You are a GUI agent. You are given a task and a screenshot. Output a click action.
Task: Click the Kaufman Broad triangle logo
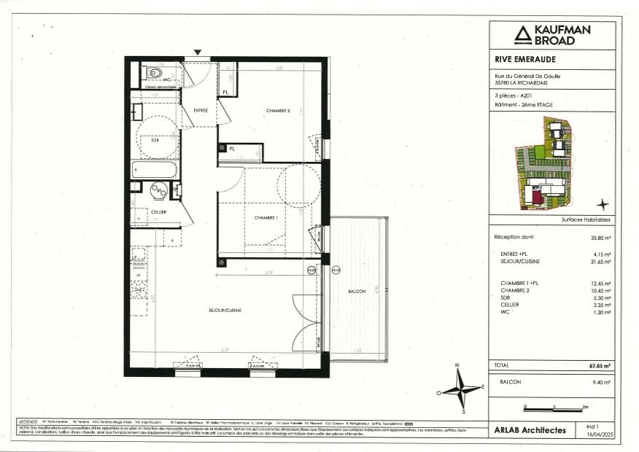[522, 34]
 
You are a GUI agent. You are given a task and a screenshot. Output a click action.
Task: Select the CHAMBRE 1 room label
[266, 218]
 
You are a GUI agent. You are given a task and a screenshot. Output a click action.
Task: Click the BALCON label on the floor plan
[357, 291]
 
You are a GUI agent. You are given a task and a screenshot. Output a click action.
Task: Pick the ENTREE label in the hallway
[201, 110]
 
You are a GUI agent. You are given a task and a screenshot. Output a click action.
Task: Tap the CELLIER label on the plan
[159, 211]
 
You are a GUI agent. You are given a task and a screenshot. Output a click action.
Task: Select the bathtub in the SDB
[155, 170]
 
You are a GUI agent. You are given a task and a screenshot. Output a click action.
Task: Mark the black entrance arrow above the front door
[198, 52]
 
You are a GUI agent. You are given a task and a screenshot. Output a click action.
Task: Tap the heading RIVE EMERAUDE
[522, 61]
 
